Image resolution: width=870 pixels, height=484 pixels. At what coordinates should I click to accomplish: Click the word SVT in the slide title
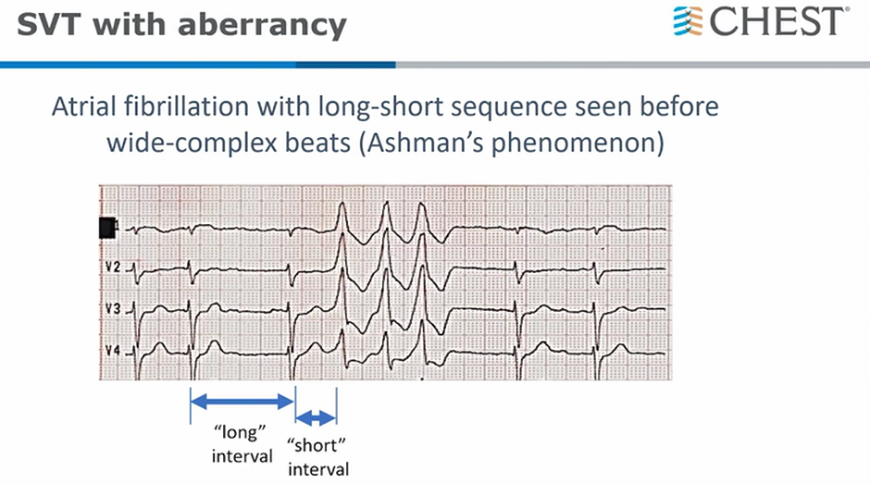49,25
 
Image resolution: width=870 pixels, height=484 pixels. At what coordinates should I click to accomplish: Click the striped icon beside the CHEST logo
688,21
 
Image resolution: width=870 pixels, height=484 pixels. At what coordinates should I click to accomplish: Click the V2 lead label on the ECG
113,267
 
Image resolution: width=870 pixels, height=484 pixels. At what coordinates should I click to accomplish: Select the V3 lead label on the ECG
113,308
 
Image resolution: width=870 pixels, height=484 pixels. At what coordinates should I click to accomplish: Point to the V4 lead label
113,351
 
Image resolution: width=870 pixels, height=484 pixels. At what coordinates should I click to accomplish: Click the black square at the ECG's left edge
107,228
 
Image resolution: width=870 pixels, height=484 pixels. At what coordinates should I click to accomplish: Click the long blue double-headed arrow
242,402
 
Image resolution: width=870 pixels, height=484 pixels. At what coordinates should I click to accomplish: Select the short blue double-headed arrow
316,417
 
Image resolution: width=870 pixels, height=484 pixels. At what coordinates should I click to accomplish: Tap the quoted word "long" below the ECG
240,433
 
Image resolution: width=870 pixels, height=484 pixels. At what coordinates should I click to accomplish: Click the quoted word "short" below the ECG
317,446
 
